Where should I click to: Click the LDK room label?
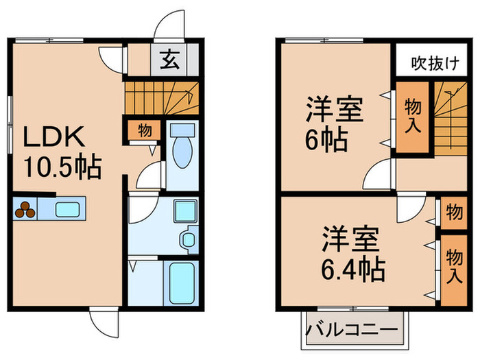pyautogui.click(x=54, y=137)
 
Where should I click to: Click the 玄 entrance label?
pyautogui.click(x=171, y=60)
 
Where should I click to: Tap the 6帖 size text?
pyautogui.click(x=326, y=139)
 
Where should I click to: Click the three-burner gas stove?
pyautogui.click(x=25, y=209)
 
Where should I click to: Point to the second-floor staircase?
pyautogui.click(x=448, y=117)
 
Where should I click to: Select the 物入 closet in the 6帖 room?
pyautogui.click(x=411, y=116)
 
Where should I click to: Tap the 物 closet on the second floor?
pyautogui.click(x=453, y=213)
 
